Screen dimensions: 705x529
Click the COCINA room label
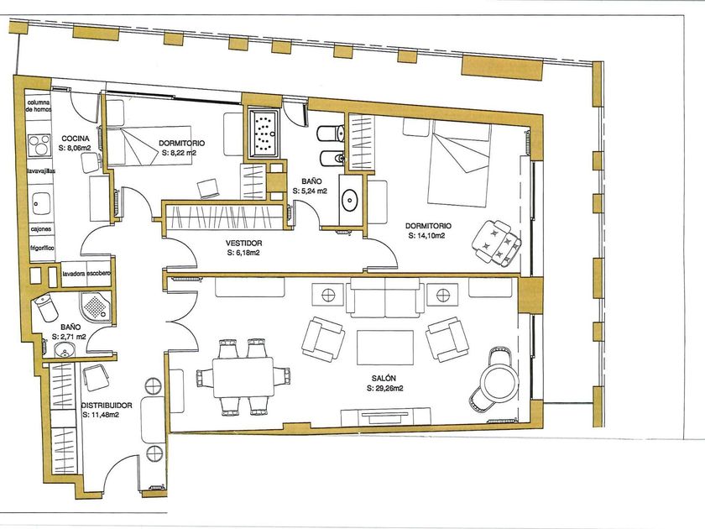75,139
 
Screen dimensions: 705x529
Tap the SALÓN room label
384,379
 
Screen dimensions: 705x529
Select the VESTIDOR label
243,244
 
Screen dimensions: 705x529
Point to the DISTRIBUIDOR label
107,406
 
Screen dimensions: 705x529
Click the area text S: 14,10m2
426,235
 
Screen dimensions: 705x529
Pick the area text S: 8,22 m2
179,153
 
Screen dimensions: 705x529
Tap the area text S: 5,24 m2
310,191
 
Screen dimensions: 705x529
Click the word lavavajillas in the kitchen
41,171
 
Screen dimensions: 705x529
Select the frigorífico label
42,248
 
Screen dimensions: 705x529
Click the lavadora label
74,274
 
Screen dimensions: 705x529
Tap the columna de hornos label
39,106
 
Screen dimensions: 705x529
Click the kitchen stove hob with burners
39,145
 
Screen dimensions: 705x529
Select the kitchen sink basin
41,204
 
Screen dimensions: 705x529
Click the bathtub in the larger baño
264,134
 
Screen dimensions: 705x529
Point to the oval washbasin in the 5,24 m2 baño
349,200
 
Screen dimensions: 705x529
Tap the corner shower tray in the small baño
96,306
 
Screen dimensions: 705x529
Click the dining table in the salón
243,377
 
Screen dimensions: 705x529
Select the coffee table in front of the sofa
385,348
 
